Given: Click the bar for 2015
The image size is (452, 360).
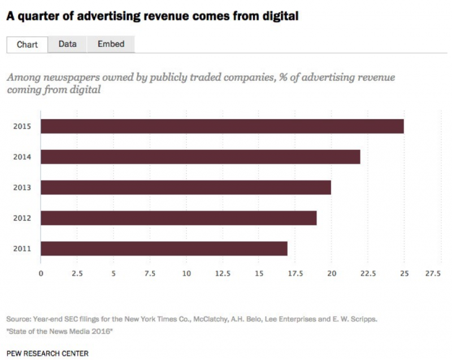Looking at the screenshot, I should [x=222, y=126].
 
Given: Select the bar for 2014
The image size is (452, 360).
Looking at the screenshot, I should [x=201, y=157].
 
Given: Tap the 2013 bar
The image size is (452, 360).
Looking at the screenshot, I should [x=186, y=187].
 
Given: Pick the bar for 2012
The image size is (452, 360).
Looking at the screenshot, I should [x=179, y=218].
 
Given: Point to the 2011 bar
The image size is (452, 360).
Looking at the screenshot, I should [x=164, y=248].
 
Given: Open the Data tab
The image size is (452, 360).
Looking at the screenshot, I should [x=67, y=44].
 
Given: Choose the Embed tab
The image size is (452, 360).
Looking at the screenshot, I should [x=111, y=44].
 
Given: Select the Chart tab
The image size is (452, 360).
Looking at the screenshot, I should [x=27, y=44].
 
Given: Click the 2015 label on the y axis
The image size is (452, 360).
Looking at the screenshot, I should [x=21, y=126].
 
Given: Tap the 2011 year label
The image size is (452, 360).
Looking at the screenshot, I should [x=21, y=248].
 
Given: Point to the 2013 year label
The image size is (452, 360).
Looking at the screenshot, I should [x=21, y=187].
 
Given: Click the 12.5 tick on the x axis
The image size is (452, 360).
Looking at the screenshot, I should [x=223, y=274].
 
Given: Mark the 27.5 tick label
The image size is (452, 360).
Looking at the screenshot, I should [x=433, y=274].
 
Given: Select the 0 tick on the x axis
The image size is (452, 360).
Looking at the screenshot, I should [x=41, y=274].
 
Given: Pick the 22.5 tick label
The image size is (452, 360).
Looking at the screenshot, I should [x=368, y=274].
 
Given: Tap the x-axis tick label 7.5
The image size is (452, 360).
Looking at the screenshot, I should [x=150, y=274].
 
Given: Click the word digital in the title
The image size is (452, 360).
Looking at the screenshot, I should [x=279, y=16].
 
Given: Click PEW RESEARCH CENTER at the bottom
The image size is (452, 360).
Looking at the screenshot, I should [x=47, y=353].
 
